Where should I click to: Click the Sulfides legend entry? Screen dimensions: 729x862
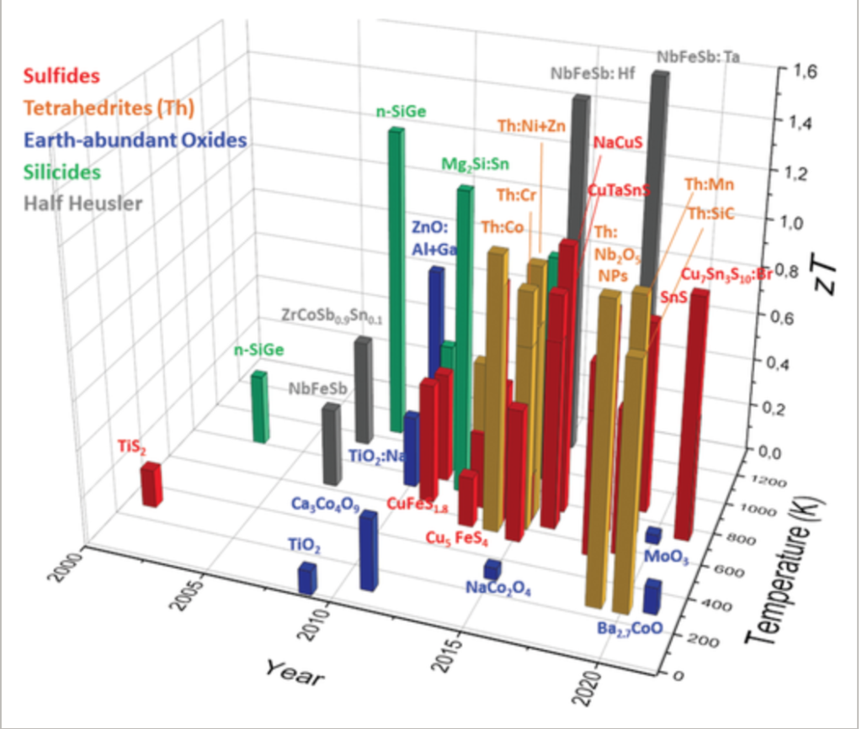pyautogui.click(x=62, y=77)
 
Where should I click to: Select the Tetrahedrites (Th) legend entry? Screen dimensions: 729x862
pyautogui.click(x=109, y=108)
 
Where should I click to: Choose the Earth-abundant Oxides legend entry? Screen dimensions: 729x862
pyautogui.click(x=136, y=140)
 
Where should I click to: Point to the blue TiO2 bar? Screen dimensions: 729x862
pyautogui.click(x=307, y=578)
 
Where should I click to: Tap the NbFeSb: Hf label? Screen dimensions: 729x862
pyautogui.click(x=593, y=74)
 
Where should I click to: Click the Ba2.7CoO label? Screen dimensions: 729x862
pyautogui.click(x=629, y=627)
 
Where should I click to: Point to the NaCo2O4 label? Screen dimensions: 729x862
pyautogui.click(x=498, y=589)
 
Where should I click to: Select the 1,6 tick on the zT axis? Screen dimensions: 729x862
pyautogui.click(x=803, y=72)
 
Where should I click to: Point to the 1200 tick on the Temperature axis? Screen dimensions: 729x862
pyautogui.click(x=768, y=483)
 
